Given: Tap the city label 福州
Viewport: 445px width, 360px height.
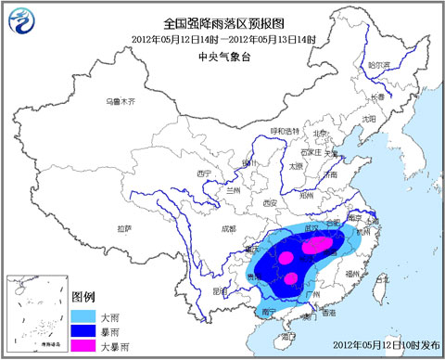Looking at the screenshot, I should pos(363,273).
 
